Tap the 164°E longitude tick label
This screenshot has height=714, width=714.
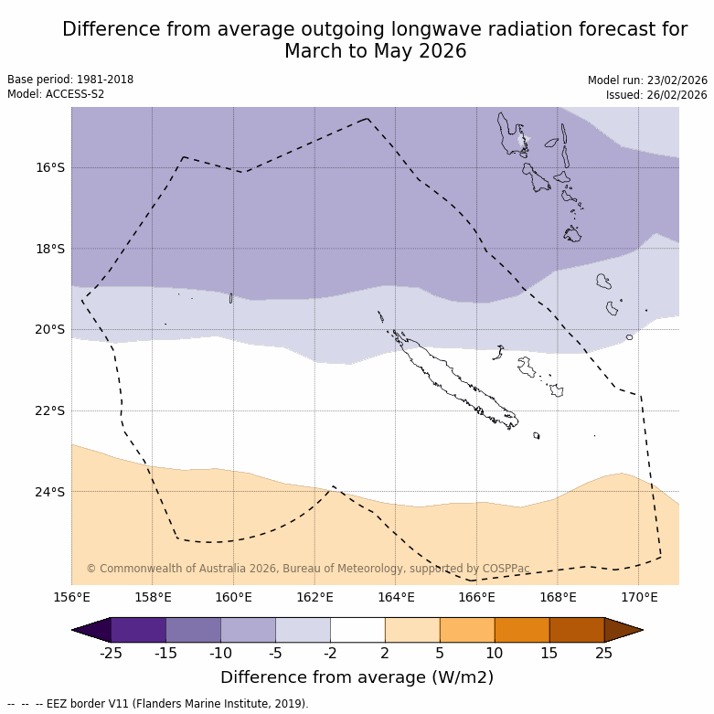396,598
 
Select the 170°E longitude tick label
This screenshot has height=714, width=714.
639,598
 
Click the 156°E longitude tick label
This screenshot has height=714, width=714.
71,598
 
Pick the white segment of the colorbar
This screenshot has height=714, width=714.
357,630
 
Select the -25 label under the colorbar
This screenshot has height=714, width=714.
111,653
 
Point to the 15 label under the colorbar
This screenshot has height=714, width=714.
549,653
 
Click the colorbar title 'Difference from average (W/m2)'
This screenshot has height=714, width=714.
357,677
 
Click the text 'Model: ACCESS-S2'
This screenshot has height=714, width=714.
56,94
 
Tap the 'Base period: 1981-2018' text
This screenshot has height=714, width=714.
70,80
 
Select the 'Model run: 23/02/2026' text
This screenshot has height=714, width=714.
647,80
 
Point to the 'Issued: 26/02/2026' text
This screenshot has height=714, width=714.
656,95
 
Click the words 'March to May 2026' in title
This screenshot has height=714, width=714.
375,52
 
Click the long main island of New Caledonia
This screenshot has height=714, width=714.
448,378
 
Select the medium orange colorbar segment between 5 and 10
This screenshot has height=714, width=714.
467,630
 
